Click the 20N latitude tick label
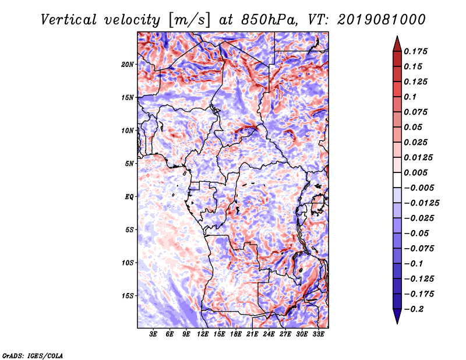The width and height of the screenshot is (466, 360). pyautogui.click(x=128, y=64)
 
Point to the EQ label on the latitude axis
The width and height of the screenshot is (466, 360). pyautogui.click(x=129, y=196)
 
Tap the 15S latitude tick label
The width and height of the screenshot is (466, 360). pyautogui.click(x=128, y=296)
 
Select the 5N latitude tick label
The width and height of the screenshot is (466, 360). pyautogui.click(x=129, y=164)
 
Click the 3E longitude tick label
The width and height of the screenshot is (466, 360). pyautogui.click(x=153, y=334)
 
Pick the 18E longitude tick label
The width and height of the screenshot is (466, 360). pyautogui.click(x=236, y=334)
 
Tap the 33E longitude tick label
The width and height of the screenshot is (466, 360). pyautogui.click(x=318, y=334)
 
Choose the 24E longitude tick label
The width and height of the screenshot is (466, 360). pyautogui.click(x=269, y=334)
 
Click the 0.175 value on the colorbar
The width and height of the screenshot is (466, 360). pyautogui.click(x=415, y=51)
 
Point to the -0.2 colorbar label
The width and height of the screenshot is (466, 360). pyautogui.click(x=414, y=309)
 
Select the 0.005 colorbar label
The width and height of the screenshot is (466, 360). pyautogui.click(x=415, y=172)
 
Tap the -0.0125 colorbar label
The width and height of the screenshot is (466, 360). pyautogui.click(x=421, y=203)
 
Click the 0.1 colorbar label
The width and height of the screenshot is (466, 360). pyautogui.click(x=410, y=97)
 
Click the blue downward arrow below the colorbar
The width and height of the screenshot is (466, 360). pyautogui.click(x=397, y=316)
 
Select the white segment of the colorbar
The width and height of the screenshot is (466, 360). pyautogui.click(x=397, y=180)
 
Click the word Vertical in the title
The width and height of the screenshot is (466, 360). pyautogui.click(x=69, y=20)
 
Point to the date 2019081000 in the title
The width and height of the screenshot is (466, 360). pyautogui.click(x=382, y=20)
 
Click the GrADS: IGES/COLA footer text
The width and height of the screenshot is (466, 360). pyautogui.click(x=33, y=355)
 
